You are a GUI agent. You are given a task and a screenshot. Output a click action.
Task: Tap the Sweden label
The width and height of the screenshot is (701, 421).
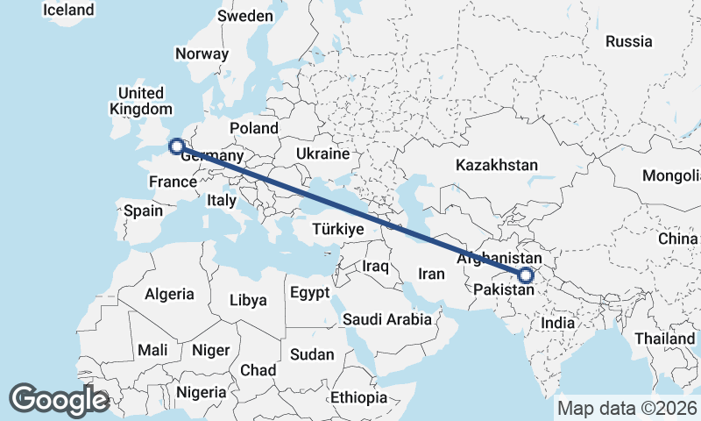click(x=245, y=16)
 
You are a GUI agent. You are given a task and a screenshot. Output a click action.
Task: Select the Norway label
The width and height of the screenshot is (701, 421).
click(x=202, y=54)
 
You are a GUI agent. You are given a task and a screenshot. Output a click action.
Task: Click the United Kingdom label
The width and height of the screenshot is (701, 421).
click(x=140, y=101)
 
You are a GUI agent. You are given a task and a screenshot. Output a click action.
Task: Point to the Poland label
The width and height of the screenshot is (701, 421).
click(x=253, y=129)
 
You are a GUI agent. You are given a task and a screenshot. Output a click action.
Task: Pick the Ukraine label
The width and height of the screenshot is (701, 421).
click(x=322, y=153)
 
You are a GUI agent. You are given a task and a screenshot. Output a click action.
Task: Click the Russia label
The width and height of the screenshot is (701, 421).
click(x=628, y=41)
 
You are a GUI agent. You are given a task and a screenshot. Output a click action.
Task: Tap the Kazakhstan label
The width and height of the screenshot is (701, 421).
click(x=497, y=165)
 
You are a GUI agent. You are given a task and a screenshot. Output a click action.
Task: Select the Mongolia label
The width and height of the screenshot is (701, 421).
click(x=670, y=175)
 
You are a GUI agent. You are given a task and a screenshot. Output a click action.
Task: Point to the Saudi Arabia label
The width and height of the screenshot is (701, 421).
click(x=387, y=319)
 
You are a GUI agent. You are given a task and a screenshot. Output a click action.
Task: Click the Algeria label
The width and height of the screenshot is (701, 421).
click(x=169, y=295)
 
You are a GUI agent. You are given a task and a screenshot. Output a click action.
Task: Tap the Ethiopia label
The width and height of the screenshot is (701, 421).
click(x=358, y=397)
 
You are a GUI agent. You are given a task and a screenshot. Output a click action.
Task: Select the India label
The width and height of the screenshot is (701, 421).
click(x=558, y=323)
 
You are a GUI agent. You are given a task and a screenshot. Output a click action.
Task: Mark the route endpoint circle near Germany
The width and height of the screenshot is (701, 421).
click(x=175, y=146)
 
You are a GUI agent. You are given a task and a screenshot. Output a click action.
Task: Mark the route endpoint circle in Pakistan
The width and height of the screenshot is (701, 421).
click(x=525, y=275)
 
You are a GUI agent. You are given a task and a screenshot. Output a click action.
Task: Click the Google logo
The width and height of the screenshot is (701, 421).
click(x=59, y=400)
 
